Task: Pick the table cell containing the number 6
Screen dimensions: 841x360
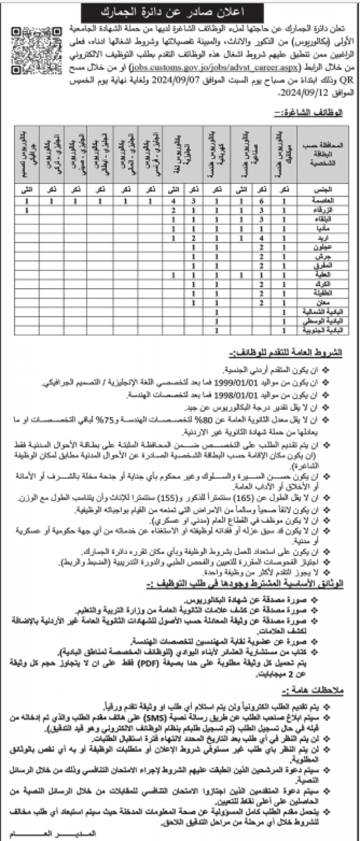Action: point(262,201)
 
